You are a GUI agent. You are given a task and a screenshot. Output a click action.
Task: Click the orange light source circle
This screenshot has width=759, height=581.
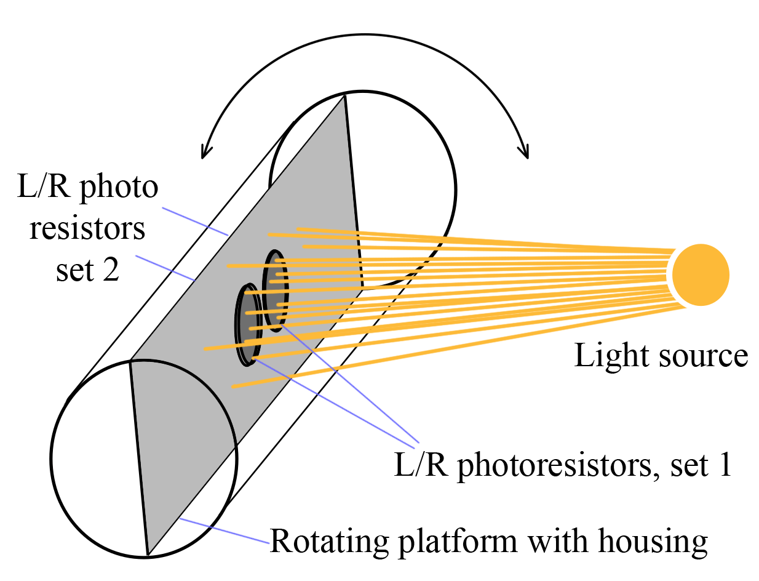(x=701, y=275)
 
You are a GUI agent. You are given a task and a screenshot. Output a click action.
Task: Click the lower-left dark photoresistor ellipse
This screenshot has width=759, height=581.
(x=248, y=324)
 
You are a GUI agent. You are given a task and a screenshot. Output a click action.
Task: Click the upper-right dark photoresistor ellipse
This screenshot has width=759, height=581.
(x=275, y=290)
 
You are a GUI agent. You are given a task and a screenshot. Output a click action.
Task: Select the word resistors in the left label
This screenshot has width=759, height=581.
(x=87, y=229)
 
